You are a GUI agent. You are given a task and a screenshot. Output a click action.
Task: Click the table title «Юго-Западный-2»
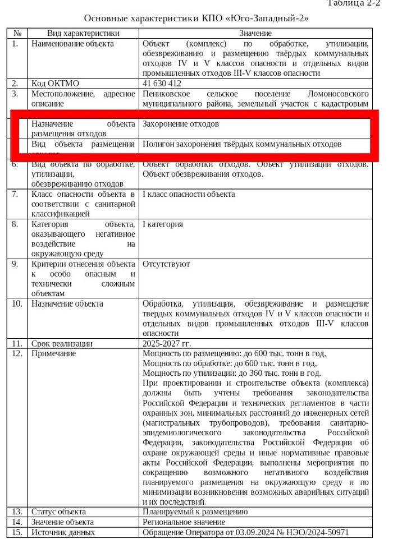(196, 19)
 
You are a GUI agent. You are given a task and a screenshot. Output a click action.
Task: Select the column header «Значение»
(255, 34)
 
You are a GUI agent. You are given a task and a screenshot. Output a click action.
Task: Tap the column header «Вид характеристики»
(83, 34)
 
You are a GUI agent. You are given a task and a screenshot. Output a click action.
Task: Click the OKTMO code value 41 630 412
(162, 84)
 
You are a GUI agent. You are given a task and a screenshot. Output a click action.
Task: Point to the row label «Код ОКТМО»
(55, 84)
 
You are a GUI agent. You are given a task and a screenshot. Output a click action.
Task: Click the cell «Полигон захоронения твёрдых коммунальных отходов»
(242, 144)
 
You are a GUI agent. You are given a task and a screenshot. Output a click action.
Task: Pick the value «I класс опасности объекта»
(189, 195)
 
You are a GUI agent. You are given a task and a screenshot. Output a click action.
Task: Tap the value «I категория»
(163, 224)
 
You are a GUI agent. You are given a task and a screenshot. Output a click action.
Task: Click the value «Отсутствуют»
(166, 264)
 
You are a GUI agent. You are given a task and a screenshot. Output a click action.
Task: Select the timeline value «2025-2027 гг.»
(167, 343)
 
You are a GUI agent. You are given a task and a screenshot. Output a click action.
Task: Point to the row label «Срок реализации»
(62, 343)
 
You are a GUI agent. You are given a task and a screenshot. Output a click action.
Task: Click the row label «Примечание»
(53, 353)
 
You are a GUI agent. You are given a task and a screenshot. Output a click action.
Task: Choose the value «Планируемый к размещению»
(195, 512)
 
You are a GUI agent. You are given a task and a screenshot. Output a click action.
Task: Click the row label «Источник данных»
(63, 532)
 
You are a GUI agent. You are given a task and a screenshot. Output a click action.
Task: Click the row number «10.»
(17, 303)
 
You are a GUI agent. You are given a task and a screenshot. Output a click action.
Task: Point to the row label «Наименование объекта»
(72, 44)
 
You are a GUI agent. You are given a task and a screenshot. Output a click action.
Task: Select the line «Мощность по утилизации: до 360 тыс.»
(232, 373)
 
